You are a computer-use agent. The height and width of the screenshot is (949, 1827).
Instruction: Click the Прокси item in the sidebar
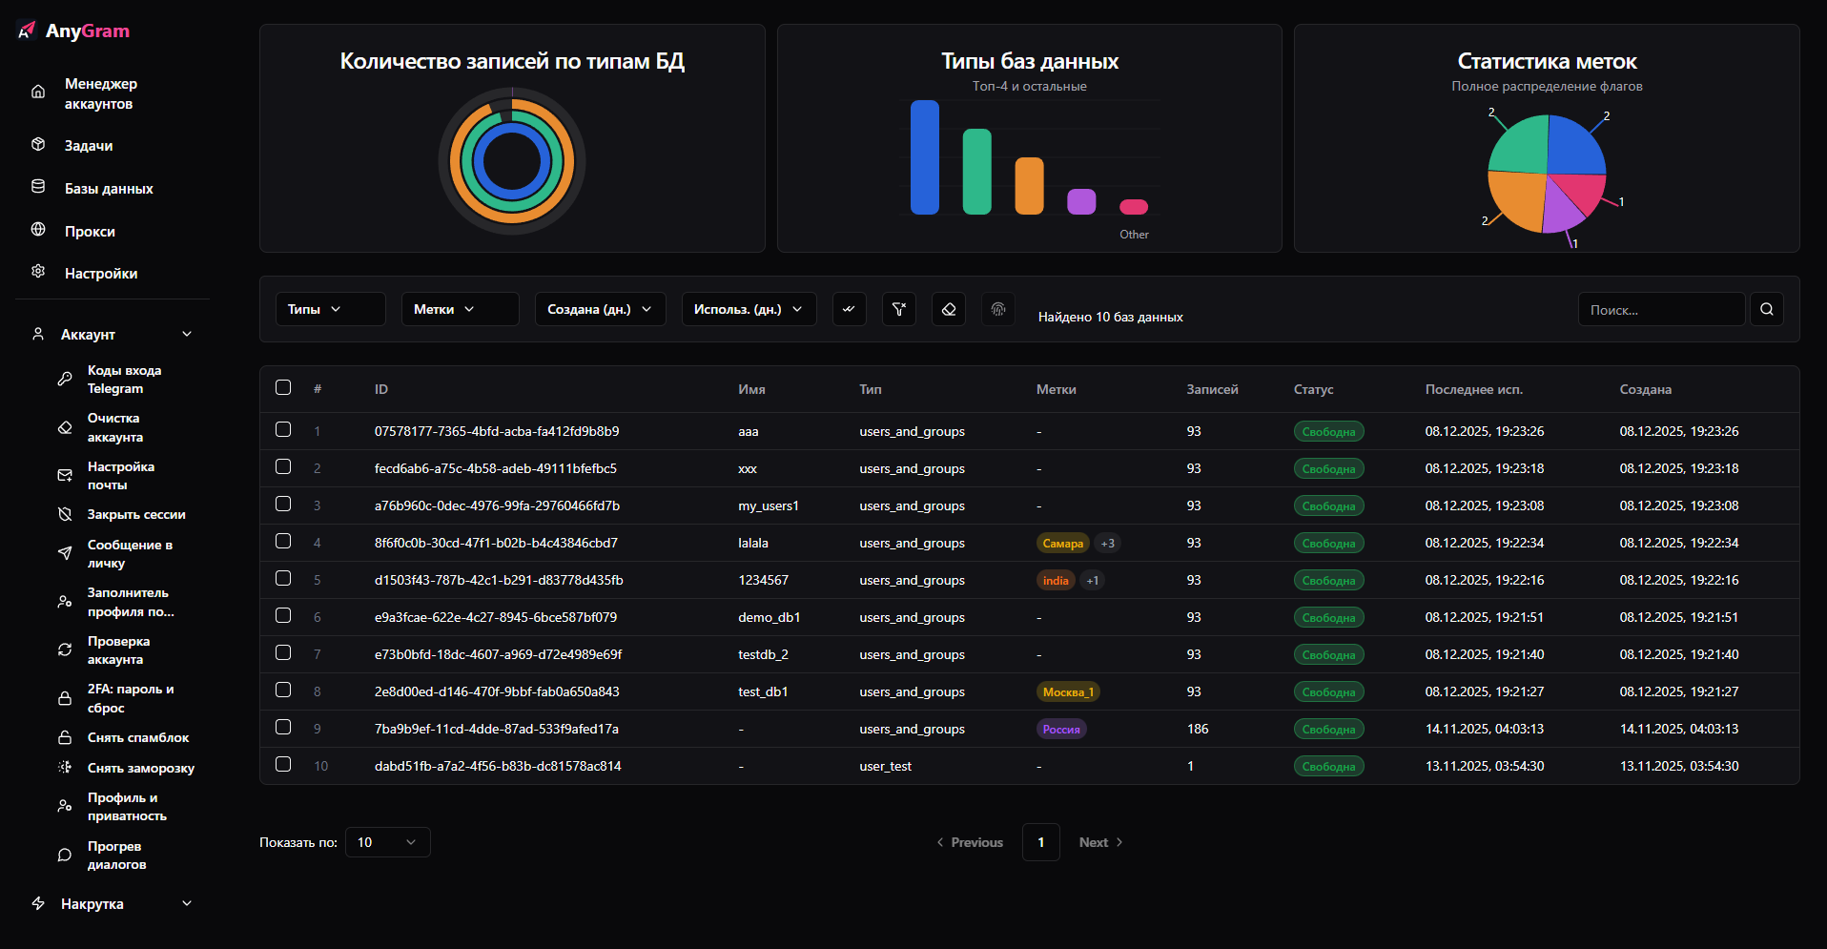[90, 232]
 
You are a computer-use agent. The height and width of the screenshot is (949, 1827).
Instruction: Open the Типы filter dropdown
[330, 309]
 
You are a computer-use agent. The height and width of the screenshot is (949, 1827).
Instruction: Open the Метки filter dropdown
[460, 309]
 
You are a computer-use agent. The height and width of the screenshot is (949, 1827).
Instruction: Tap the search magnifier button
[1766, 309]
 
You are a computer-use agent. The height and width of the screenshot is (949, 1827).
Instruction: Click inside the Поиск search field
[1660, 310]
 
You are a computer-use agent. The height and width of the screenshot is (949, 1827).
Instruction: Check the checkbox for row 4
[283, 541]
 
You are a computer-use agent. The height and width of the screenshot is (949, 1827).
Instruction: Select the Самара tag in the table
[1062, 544]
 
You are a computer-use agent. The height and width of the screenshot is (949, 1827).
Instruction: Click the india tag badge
[1056, 581]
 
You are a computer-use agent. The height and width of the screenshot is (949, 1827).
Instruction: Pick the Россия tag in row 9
[1061, 730]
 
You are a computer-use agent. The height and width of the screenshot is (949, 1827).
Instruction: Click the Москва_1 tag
[1068, 692]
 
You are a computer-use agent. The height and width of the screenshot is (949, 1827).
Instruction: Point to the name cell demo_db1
[769, 618]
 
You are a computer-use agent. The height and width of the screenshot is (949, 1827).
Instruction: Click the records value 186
[1198, 730]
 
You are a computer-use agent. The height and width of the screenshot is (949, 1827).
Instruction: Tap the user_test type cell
[885, 767]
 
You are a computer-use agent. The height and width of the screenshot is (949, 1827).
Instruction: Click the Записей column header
[1212, 389]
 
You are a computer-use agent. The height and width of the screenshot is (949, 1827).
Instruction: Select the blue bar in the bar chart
[924, 157]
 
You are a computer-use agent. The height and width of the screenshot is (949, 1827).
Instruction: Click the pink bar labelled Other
[1134, 207]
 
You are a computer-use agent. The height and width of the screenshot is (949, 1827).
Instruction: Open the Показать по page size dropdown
[387, 842]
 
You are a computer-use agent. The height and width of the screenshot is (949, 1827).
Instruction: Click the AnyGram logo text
[87, 31]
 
